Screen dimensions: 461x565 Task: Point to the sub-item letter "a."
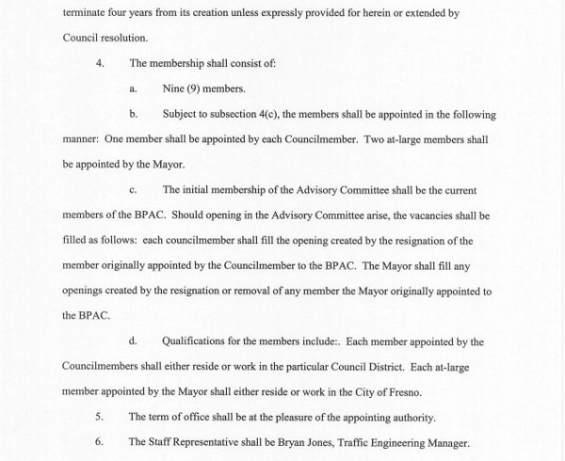click(134, 90)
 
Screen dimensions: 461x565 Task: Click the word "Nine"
click(174, 90)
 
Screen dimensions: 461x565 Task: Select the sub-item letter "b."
click(134, 114)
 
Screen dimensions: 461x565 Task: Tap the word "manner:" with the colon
click(82, 139)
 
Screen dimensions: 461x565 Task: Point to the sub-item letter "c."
click(134, 189)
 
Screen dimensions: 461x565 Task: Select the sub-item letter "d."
click(134, 341)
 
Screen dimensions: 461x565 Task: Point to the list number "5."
click(101, 417)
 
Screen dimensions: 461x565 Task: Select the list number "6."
click(101, 442)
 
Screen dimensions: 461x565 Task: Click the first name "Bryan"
click(290, 442)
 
